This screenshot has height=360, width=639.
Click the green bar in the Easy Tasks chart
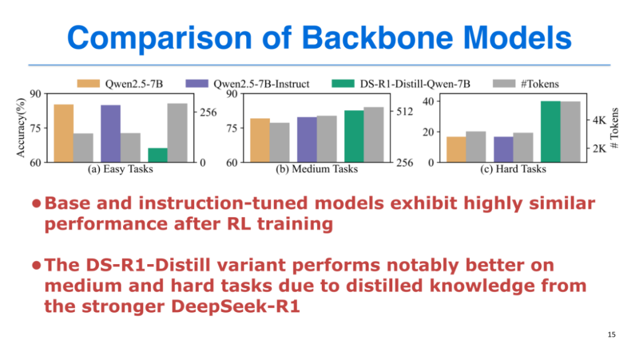coord(158,155)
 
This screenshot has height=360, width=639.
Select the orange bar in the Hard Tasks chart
coord(456,149)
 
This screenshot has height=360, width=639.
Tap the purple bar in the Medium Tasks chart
coord(307,139)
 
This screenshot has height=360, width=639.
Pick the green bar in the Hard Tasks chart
coord(551,131)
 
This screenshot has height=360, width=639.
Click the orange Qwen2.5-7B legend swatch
coord(88,83)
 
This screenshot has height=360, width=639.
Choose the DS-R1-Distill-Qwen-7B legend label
coord(415,84)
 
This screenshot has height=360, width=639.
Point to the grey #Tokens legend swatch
coord(504,83)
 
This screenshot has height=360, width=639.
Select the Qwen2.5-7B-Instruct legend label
coord(262,84)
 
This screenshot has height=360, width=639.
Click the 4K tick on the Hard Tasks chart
coord(599,120)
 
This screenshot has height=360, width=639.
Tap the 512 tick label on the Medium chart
coord(405,111)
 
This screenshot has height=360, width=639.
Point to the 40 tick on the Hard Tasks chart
coord(429,101)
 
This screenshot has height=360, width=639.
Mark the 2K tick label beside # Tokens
coord(599,149)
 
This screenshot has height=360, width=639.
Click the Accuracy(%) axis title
coord(21,128)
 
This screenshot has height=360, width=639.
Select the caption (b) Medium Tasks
coord(317,169)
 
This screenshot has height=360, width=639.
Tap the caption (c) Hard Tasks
coord(513,169)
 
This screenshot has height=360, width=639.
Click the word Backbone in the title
coord(377,37)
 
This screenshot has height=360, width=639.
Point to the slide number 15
coord(611,335)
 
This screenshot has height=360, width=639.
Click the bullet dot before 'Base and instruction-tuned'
coord(36,203)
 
